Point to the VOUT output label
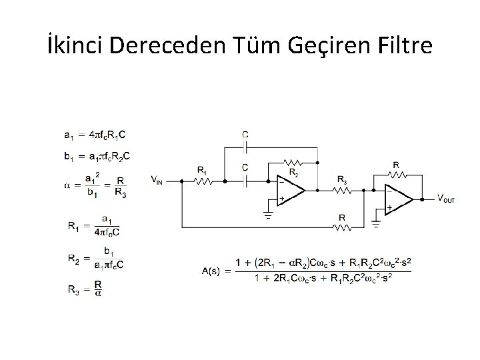point(446,198)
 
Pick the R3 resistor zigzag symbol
point(341,189)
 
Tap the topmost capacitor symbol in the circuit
point(246,144)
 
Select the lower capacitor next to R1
point(246,179)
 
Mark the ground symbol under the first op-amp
point(267,215)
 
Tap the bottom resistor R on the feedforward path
point(341,227)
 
